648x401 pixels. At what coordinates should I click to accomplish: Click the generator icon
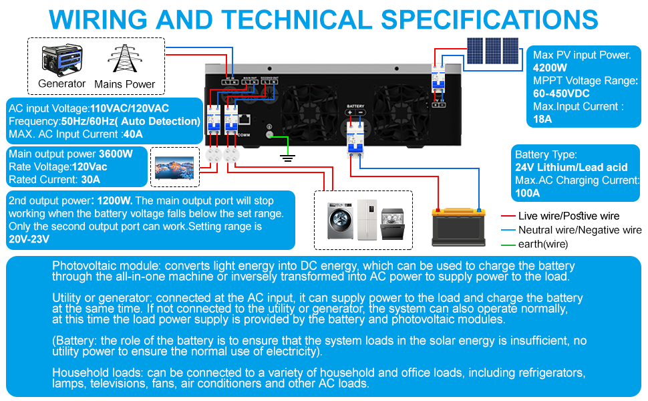[61, 60]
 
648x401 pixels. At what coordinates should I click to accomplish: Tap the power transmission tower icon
[124, 60]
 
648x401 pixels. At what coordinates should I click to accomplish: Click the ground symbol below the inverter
[288, 158]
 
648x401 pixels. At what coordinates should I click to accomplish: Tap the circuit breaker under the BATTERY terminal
[355, 138]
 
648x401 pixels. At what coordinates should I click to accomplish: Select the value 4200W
[550, 68]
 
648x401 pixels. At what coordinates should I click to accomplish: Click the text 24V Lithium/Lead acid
[571, 167]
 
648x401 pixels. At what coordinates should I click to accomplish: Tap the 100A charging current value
[527, 193]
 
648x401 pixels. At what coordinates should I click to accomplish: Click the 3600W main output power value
[116, 154]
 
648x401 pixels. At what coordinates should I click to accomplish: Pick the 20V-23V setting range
[29, 239]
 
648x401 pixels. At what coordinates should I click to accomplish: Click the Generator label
[62, 84]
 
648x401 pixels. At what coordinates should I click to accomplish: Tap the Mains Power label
[125, 84]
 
